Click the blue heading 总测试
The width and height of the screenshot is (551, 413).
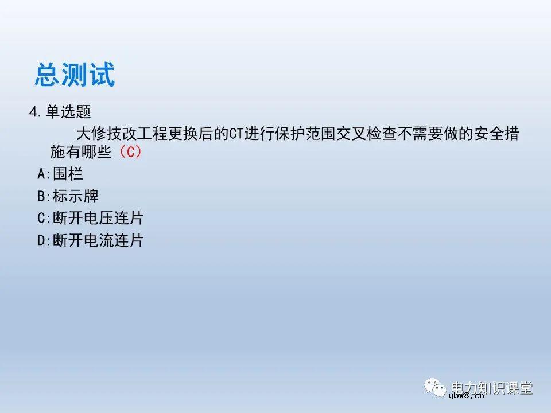pos(75,75)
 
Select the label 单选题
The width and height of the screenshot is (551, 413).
pos(68,111)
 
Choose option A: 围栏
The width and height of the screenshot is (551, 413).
pos(60,174)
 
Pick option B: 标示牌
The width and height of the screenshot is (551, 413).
pos(68,196)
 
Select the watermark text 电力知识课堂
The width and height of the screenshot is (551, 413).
pos(492,388)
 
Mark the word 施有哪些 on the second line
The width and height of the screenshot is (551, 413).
pos(80,153)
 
